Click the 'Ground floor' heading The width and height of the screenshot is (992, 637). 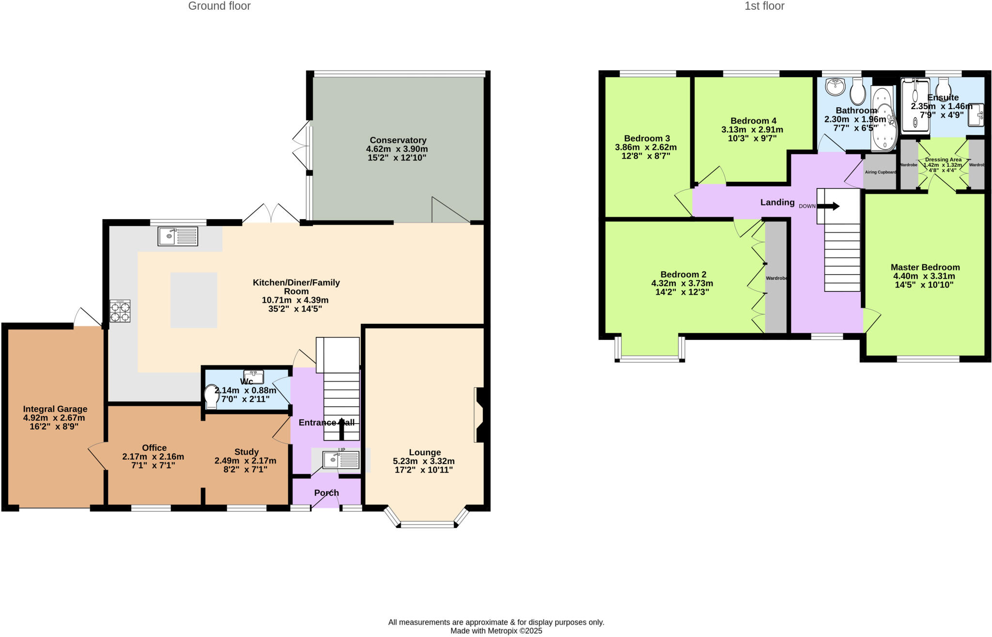click(x=219, y=6)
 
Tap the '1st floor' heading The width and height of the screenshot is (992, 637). click(x=764, y=6)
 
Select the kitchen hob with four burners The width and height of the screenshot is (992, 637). click(x=120, y=311)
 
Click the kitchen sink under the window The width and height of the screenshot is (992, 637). click(x=178, y=237)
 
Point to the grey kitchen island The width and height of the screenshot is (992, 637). click(x=194, y=300)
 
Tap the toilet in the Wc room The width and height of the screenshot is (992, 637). click(x=212, y=396)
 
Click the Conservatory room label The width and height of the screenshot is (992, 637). click(x=398, y=141)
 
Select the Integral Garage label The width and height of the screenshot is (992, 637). click(x=55, y=409)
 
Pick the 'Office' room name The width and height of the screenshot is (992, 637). click(x=154, y=448)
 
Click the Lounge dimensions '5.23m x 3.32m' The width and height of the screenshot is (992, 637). click(x=424, y=461)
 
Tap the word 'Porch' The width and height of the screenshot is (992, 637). click(x=326, y=493)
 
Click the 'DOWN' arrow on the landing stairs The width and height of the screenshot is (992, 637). click(x=828, y=207)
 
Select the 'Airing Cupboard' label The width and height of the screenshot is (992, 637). click(x=880, y=172)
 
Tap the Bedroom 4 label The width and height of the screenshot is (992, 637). click(x=753, y=121)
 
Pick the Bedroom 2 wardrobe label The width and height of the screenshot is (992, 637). click(x=776, y=278)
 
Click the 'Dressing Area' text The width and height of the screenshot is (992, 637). click(x=943, y=159)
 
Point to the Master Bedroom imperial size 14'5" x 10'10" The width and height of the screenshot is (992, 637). click(x=924, y=285)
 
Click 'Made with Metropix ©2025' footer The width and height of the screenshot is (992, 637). click(x=496, y=631)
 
